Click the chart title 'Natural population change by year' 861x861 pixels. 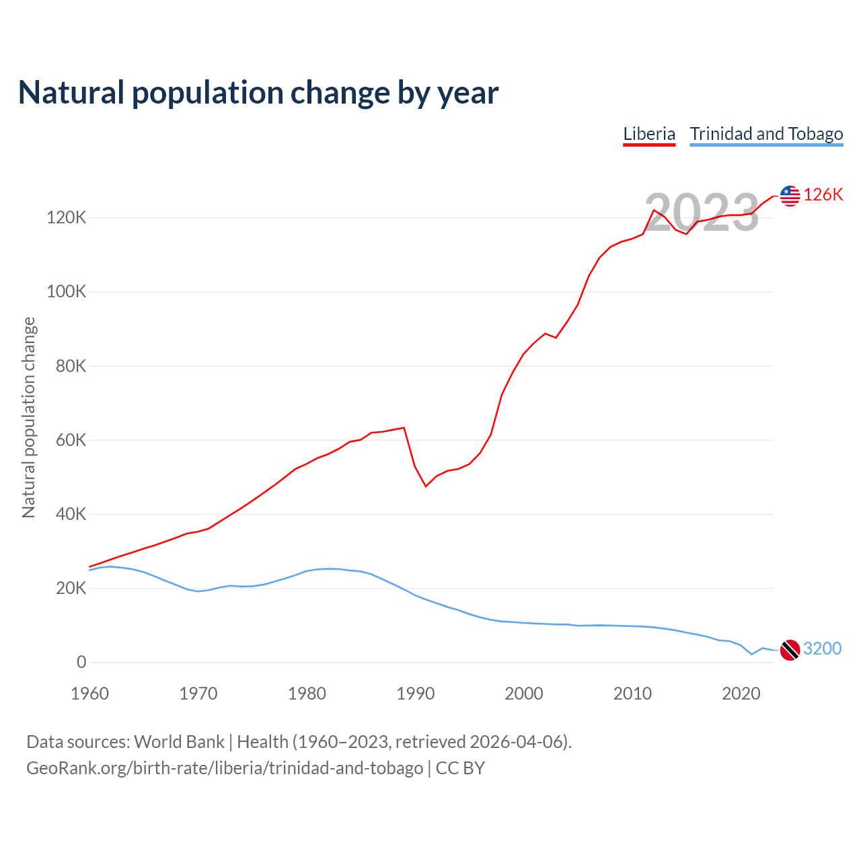(258, 93)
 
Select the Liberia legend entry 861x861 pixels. (649, 134)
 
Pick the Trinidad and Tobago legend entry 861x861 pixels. (766, 134)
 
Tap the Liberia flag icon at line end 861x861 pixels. (790, 196)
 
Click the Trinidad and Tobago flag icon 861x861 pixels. (790, 650)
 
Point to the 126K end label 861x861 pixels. (823, 194)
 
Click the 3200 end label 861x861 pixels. (822, 648)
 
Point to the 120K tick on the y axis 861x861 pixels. (67, 218)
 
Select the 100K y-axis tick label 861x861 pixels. (67, 292)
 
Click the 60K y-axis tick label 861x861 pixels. (71, 440)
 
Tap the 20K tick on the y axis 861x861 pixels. (71, 589)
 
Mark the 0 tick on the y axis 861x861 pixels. (81, 663)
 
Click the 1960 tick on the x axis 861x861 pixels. (89, 694)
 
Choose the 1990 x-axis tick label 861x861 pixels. (415, 694)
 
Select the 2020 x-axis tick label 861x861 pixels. (741, 694)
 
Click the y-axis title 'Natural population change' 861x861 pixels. (29, 418)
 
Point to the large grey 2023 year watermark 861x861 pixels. (702, 213)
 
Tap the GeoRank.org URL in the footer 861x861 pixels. (225, 768)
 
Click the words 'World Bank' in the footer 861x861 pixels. (179, 742)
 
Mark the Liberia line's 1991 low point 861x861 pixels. (426, 486)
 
